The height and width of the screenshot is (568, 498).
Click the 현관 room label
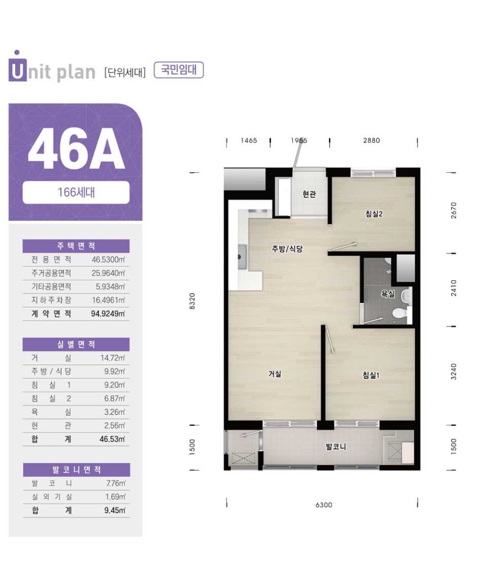point(309,194)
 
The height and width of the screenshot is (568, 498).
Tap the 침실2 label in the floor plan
point(374,214)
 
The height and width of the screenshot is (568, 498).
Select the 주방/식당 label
point(287,249)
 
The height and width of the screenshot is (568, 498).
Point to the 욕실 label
point(387,293)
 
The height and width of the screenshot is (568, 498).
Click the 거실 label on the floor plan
point(275,374)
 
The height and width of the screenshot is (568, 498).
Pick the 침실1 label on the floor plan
point(371,375)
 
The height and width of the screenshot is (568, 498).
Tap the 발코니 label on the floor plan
point(336,446)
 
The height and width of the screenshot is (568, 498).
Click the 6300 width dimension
point(323,505)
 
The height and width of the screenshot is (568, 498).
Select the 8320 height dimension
point(192,301)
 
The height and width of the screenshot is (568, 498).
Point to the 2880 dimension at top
point(372,140)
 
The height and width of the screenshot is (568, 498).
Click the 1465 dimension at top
point(248,140)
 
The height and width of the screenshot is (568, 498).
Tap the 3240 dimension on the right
point(453,371)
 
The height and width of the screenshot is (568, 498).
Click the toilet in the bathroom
point(399,313)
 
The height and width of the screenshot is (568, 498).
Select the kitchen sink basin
point(242,256)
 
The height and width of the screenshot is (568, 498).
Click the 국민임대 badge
point(179,70)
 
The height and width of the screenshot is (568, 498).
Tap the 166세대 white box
point(76,192)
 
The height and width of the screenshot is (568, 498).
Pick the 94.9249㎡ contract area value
point(108,314)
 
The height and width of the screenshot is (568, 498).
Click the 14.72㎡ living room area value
point(113,358)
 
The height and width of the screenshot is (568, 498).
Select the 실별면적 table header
point(76,344)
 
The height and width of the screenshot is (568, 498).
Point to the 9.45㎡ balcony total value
point(115,511)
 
